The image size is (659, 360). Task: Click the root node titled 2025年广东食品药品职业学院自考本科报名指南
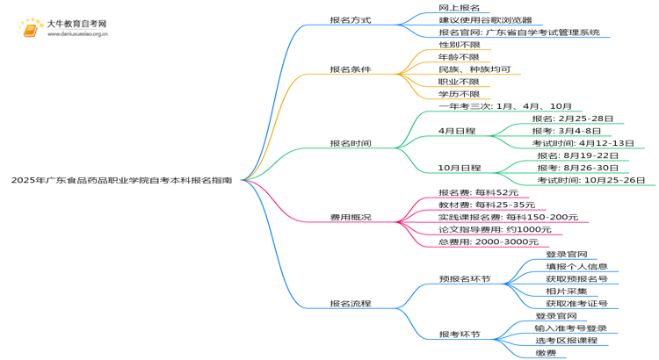click(x=121, y=179)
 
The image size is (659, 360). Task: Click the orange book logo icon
click(x=31, y=31)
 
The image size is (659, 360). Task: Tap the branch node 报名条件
click(x=350, y=68)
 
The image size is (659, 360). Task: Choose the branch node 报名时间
click(x=350, y=143)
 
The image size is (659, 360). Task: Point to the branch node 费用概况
click(x=350, y=217)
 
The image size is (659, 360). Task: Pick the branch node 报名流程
click(x=350, y=304)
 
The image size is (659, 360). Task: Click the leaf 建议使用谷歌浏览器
click(x=484, y=19)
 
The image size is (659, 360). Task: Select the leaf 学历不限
click(x=459, y=94)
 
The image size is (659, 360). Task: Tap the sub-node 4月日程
click(x=457, y=131)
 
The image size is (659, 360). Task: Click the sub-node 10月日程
click(x=460, y=168)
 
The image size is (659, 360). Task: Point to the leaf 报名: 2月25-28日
click(x=572, y=119)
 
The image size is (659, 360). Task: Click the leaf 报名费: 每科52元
click(x=478, y=192)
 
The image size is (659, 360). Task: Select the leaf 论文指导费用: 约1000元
click(x=495, y=229)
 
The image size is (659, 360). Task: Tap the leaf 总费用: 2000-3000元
click(x=488, y=241)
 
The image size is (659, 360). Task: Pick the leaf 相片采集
click(x=566, y=292)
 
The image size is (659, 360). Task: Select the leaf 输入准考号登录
click(x=570, y=328)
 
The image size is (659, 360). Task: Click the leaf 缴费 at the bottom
click(x=545, y=353)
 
